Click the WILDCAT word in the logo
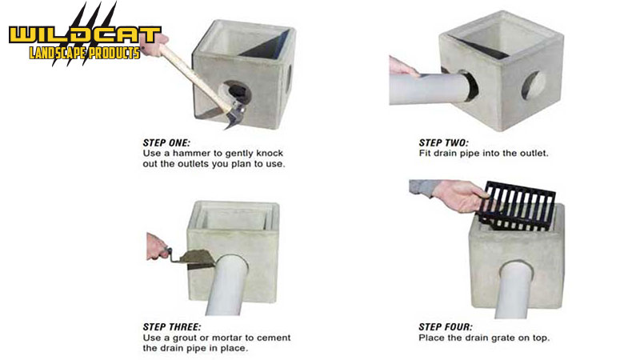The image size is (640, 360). pos(86,35)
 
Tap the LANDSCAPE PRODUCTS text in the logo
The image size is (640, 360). pos(85,53)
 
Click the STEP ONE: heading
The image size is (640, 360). pos(166,143)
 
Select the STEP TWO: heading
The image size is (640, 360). pos(444,143)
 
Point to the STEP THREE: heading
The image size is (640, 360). pos(172,327)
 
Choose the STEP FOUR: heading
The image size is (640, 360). pos(446,327)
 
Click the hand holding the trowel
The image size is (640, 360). pos(156,247)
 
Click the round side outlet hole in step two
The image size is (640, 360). pos(533,86)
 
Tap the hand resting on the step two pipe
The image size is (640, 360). pos(403,66)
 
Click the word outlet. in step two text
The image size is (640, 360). pos(534,154)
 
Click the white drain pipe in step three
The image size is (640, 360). pos(226,286)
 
